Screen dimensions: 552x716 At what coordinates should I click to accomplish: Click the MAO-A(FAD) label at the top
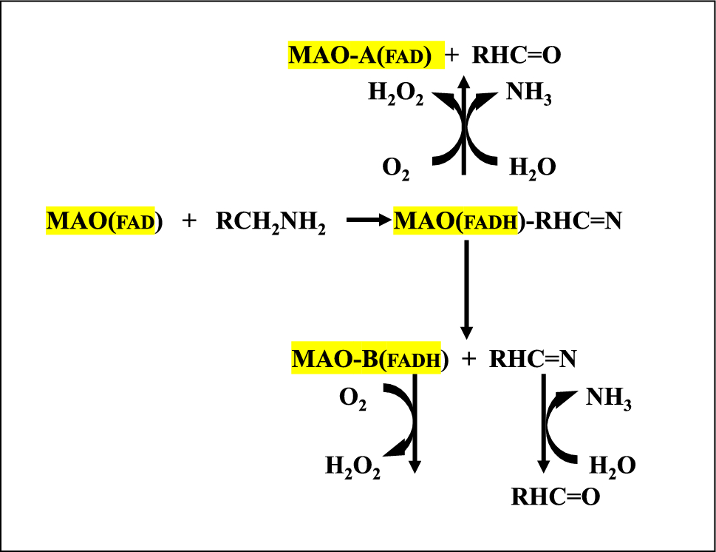click(365, 55)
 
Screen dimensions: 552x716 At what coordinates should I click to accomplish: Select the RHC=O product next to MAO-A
click(511, 55)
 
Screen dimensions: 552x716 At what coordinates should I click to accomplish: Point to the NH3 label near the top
click(528, 94)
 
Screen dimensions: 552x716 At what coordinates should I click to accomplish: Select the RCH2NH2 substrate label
click(270, 222)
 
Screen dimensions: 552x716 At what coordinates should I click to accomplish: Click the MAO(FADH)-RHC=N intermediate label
click(507, 221)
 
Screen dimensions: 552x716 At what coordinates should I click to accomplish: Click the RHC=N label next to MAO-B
click(532, 359)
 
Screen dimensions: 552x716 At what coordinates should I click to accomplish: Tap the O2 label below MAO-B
click(352, 400)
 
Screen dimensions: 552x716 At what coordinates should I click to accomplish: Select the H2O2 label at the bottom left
click(352, 467)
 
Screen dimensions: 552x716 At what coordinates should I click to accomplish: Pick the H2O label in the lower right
click(612, 466)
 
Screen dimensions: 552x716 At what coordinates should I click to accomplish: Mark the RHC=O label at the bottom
click(555, 497)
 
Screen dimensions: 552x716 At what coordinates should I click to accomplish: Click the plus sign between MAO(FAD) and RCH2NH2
click(190, 221)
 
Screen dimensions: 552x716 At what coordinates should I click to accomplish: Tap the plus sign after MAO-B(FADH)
click(468, 359)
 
